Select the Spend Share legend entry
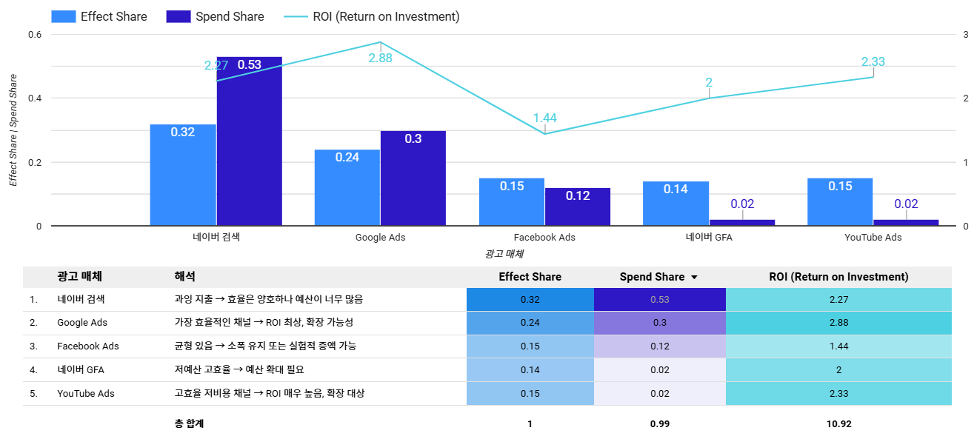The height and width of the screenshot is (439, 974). [216, 16]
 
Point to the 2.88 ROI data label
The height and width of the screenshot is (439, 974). [380, 58]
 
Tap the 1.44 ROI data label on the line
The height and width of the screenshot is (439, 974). [544, 118]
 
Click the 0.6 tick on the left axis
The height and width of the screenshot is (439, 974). [34, 35]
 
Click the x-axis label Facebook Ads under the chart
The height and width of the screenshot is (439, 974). [544, 238]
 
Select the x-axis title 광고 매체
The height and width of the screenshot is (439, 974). [504, 254]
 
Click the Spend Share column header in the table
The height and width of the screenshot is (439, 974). [653, 277]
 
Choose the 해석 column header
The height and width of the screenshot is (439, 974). [184, 277]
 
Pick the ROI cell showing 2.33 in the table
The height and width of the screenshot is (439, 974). [838, 393]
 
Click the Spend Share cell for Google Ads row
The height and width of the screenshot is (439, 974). [659, 323]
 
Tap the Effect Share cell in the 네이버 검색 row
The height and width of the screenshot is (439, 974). [530, 299]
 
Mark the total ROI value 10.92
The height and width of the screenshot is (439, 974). [838, 424]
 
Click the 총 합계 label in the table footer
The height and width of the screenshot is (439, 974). [189, 424]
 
